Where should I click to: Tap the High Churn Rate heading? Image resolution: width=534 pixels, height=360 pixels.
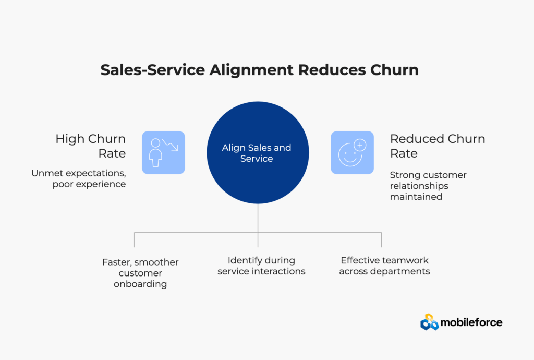(90, 146)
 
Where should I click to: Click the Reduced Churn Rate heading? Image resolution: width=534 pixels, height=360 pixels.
(437, 146)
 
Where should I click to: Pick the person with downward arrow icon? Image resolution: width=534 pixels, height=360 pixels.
(163, 152)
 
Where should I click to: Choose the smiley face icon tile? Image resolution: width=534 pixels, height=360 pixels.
(352, 152)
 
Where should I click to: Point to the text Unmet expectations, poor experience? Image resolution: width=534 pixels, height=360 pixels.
(78, 178)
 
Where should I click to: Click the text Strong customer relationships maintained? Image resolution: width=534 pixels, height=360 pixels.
(428, 185)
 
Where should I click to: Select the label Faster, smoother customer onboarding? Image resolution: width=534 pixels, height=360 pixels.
(140, 273)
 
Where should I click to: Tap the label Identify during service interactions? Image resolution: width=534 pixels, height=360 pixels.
(261, 266)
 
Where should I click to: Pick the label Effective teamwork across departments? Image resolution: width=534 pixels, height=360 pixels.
(384, 266)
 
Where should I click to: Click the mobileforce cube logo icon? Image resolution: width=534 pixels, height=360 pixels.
(429, 322)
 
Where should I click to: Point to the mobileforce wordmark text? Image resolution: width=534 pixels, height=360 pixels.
(471, 322)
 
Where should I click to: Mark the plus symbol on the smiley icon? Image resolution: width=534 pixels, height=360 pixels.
(360, 145)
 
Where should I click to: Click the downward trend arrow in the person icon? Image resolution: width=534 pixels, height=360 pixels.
(171, 145)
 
